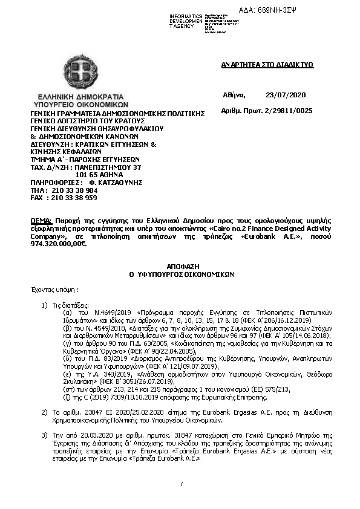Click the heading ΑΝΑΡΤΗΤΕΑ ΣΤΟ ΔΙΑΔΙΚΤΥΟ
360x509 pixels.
[x=267, y=65]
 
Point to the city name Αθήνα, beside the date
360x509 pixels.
[x=234, y=96]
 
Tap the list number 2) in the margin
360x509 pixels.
[x=45, y=411]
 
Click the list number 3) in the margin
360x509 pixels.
[x=45, y=434]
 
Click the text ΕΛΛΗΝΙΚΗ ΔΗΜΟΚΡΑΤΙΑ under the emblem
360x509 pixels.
[x=80, y=96]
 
